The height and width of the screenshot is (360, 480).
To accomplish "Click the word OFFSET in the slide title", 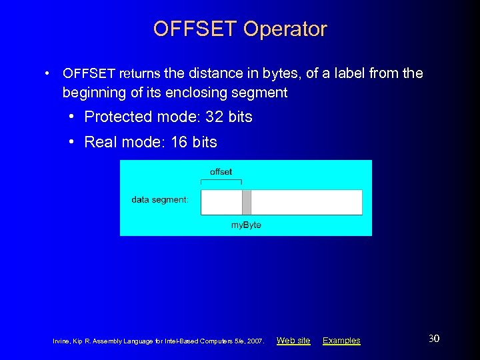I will (x=195, y=29).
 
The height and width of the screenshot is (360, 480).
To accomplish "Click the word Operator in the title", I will (x=285, y=29).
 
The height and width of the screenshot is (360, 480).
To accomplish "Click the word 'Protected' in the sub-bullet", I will (x=119, y=117).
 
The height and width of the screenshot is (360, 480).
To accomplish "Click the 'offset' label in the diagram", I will (x=221, y=172).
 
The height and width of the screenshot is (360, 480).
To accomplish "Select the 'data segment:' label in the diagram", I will (x=160, y=199).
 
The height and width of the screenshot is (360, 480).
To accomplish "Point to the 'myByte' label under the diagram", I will (x=246, y=225).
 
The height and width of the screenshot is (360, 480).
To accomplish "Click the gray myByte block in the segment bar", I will (x=247, y=202).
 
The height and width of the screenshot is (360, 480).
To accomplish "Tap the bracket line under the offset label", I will (x=221, y=181).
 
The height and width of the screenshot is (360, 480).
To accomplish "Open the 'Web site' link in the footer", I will (x=293, y=341).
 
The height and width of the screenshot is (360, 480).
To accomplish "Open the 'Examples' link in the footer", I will (x=341, y=341).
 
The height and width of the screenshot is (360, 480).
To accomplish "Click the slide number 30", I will (x=433, y=339).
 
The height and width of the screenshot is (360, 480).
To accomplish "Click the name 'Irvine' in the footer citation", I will (x=61, y=341).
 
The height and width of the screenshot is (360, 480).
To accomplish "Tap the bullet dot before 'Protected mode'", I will (x=71, y=117).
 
